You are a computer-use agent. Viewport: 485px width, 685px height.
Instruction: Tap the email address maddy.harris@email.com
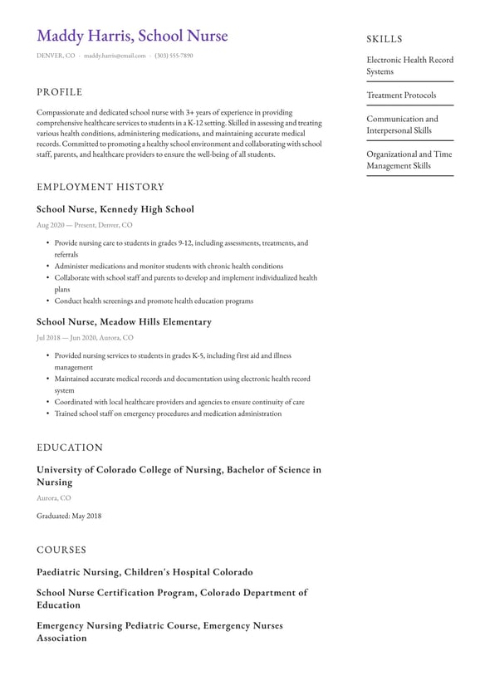coord(115,56)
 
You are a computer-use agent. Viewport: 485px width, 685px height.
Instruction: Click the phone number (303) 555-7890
coord(174,56)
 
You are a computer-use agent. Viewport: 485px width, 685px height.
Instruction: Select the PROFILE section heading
coord(60,92)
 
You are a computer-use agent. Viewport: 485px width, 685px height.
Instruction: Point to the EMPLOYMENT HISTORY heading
coord(100,187)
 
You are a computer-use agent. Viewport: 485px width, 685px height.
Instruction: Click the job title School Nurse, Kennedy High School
coord(115,209)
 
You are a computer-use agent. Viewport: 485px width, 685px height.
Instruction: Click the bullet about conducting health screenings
coord(154,301)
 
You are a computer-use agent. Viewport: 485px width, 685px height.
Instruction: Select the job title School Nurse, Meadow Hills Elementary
coord(124,322)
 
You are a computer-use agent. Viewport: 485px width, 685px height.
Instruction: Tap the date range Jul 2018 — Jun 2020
coord(66,338)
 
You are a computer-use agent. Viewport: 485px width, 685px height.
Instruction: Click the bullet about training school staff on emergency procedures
coord(168,413)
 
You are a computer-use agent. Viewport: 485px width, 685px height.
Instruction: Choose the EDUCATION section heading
coord(70,448)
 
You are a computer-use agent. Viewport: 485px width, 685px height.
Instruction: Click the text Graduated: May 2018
coord(69,516)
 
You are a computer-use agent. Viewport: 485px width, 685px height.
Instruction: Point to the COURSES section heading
coord(61,550)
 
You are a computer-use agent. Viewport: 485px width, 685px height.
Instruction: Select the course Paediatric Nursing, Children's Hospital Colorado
coord(145,572)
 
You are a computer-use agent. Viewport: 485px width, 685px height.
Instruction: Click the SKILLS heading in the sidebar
coord(384,39)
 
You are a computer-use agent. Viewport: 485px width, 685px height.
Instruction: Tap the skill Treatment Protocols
coord(401,95)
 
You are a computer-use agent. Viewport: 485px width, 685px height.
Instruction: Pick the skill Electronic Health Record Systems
coord(409,66)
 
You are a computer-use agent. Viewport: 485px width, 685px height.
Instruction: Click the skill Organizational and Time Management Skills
coord(409,159)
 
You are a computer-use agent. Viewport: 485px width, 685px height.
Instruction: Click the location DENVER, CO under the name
coord(56,56)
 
